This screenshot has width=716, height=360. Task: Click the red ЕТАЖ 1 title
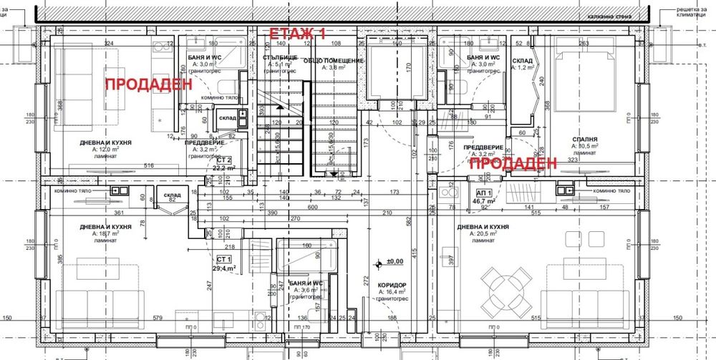coord(296,34)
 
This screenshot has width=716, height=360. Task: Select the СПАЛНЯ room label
coord(584,140)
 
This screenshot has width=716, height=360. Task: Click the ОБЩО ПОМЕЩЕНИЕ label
coord(334,61)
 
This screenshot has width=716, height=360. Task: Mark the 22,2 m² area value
coord(224,167)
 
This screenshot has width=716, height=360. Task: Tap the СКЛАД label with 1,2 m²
coord(522,61)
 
